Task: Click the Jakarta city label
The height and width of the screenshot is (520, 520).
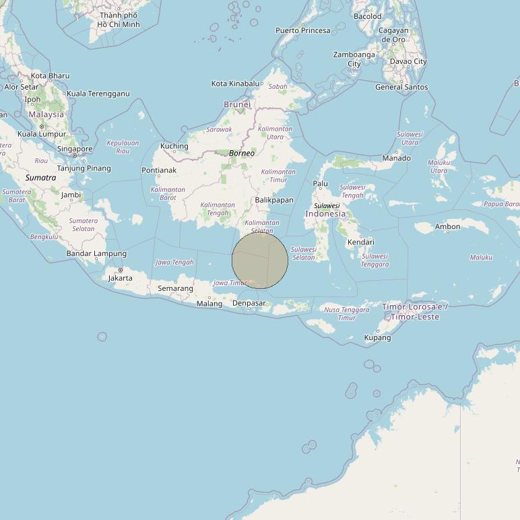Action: click(x=121, y=278)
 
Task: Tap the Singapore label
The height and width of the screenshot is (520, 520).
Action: click(x=75, y=149)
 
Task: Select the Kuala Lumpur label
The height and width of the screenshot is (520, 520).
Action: click(x=42, y=134)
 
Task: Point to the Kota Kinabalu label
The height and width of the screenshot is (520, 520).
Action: click(x=235, y=84)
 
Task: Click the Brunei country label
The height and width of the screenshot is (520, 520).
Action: click(x=237, y=104)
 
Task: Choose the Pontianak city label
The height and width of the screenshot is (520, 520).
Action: click(x=159, y=170)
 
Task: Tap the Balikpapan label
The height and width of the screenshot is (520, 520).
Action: click(x=274, y=200)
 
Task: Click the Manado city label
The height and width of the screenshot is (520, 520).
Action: click(x=396, y=158)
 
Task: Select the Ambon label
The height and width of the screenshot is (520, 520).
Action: click(x=448, y=227)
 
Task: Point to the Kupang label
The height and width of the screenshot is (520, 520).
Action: click(x=377, y=337)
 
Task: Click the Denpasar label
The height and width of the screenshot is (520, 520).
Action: click(x=249, y=303)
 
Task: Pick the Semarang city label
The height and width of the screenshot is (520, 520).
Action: click(x=175, y=288)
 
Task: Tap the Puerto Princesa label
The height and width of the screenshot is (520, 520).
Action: click(x=303, y=30)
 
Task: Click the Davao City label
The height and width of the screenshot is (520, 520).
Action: click(x=408, y=61)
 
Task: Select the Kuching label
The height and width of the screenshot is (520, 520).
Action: click(x=174, y=146)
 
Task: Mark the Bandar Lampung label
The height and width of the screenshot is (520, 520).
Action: click(x=96, y=254)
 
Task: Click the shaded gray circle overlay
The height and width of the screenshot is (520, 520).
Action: click(x=260, y=261)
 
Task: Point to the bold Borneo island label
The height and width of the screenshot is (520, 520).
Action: click(x=242, y=154)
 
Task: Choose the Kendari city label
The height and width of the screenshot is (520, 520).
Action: click(x=360, y=242)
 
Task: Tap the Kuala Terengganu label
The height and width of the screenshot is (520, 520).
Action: click(x=98, y=94)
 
